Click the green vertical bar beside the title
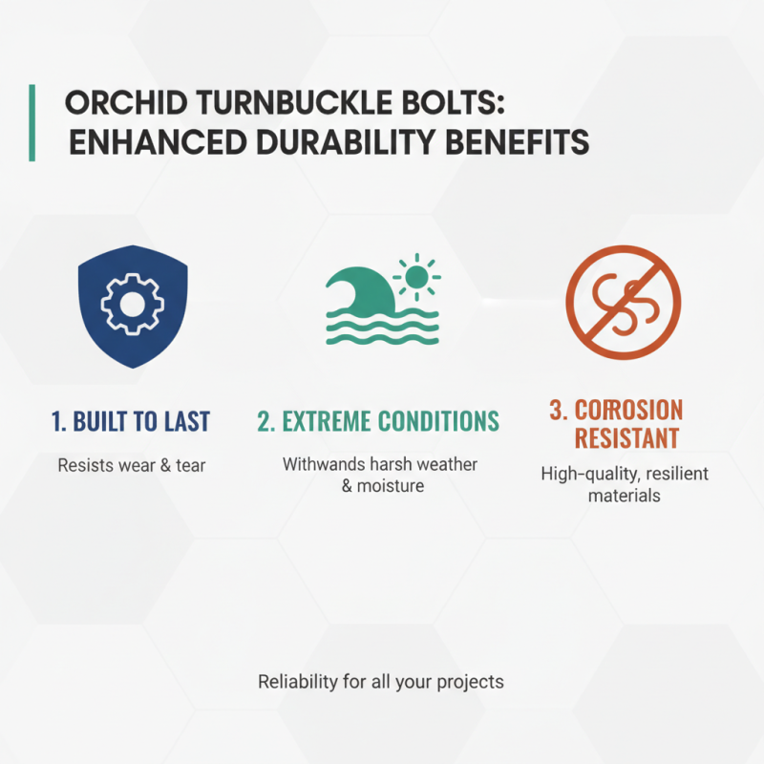pyautogui.click(x=32, y=122)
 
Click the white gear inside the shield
pyautogui.click(x=132, y=302)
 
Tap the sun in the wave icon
pyautogui.click(x=416, y=278)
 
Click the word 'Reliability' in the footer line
pyautogui.click(x=298, y=682)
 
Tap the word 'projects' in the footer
pyautogui.click(x=469, y=683)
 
